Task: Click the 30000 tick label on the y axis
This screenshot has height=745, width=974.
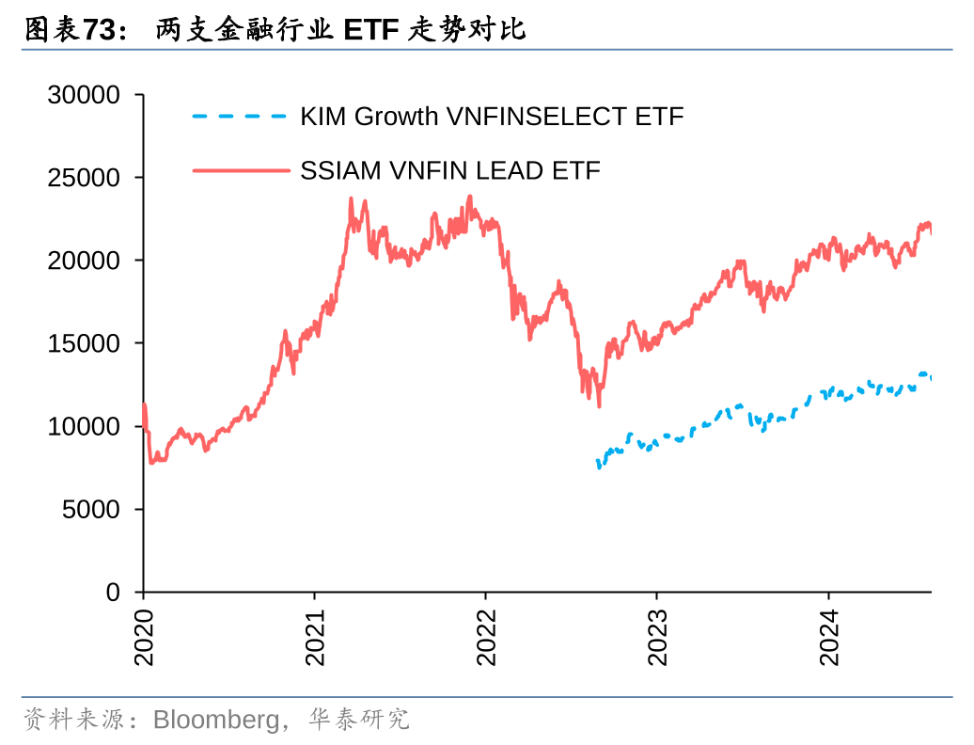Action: pos(84,95)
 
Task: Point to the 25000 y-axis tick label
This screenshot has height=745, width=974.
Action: pos(84,178)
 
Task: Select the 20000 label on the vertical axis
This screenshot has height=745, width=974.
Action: pos(84,261)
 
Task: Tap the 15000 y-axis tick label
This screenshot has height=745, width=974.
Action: pos(84,343)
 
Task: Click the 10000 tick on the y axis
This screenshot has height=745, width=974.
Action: pos(84,426)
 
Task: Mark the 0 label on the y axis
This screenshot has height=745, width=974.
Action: pos(114,592)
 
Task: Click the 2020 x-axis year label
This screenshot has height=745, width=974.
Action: pos(144,638)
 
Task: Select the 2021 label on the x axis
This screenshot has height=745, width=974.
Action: pos(315,638)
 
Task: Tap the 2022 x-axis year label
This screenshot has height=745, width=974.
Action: pos(486,638)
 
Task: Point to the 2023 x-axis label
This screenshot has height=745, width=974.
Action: pos(657,638)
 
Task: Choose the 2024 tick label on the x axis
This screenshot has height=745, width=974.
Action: pos(828,638)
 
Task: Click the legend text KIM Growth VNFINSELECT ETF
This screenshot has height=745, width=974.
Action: pos(492,117)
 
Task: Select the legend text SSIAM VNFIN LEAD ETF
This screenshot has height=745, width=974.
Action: pos(450,170)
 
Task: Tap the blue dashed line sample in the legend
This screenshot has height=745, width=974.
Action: pos(239,117)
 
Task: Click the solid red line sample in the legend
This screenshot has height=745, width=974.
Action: pos(239,170)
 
